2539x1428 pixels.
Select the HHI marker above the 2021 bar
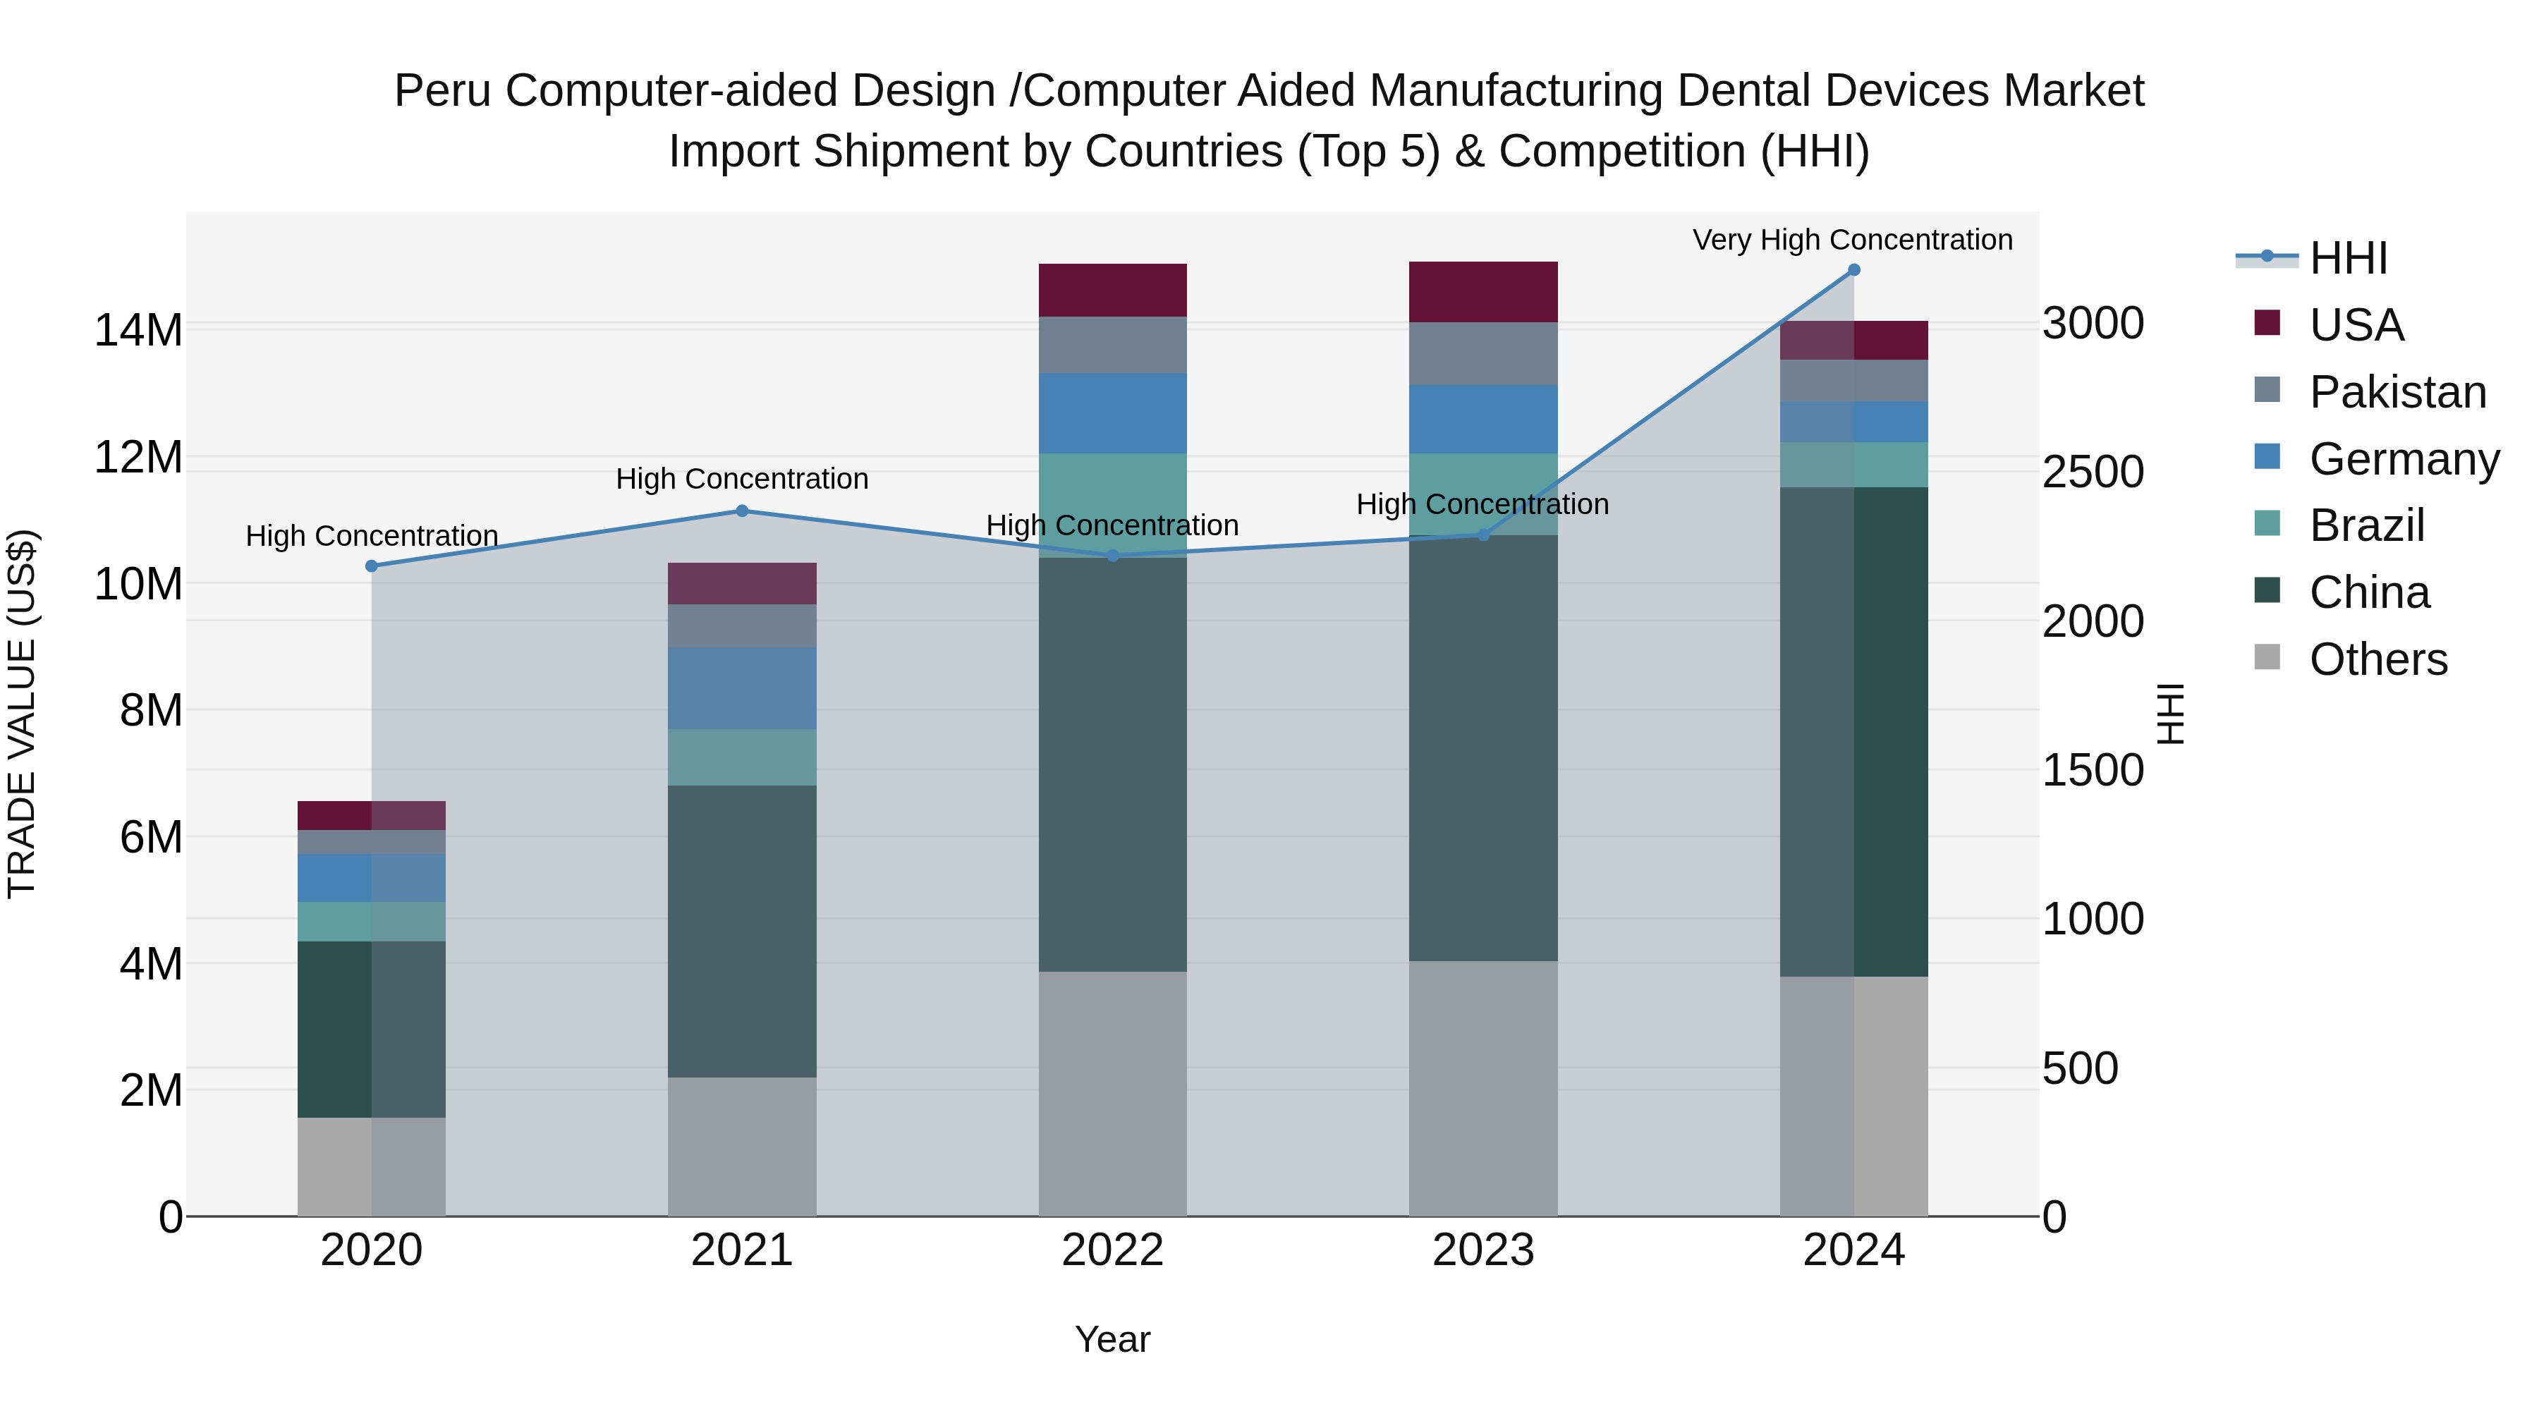tap(742, 511)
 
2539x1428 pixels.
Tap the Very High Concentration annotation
tap(1852, 240)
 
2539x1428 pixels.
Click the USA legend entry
tap(2356, 325)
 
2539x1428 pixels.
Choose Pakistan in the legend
tap(2397, 392)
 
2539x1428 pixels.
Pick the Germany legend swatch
tap(2267, 457)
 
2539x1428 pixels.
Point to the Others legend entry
tap(2377, 659)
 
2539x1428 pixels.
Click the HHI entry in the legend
tap(2348, 258)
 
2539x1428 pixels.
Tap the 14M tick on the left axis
tap(138, 330)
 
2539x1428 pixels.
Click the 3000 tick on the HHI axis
tap(2093, 323)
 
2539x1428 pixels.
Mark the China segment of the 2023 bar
tap(1482, 749)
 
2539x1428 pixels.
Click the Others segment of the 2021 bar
tap(742, 1146)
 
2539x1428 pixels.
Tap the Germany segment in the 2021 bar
tap(742, 688)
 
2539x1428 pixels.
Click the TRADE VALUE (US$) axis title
tap(22, 714)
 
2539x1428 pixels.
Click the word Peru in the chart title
tap(442, 91)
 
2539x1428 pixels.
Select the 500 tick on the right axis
tap(2080, 1068)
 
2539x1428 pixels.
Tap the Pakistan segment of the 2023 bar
tap(1482, 353)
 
